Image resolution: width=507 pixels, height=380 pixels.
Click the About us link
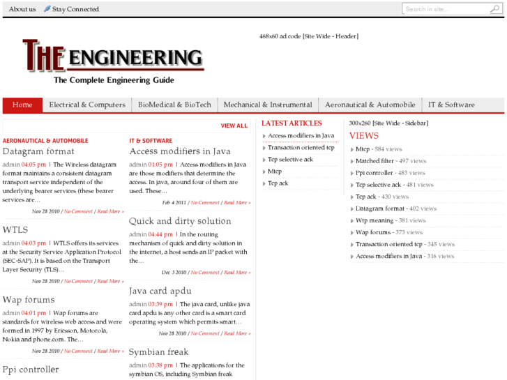tap(22, 9)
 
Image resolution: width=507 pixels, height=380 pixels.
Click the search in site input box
tap(445, 9)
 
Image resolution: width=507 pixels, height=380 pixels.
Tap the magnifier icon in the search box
tap(494, 9)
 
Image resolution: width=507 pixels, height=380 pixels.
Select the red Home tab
tap(22, 105)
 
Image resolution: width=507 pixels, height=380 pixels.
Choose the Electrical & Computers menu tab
tap(87, 105)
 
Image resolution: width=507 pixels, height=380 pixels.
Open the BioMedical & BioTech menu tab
tap(174, 105)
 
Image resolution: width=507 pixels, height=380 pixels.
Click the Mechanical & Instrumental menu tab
tap(268, 105)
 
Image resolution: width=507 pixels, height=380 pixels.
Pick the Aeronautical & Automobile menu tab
tap(370, 105)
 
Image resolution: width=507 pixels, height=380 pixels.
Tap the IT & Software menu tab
tap(451, 105)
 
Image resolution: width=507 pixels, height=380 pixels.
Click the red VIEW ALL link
tap(234, 126)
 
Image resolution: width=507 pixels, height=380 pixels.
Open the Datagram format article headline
tap(38, 151)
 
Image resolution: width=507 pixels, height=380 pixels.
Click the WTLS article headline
tap(15, 229)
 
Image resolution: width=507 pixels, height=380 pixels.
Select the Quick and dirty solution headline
tap(180, 221)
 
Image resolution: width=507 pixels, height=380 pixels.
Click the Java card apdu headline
tap(160, 291)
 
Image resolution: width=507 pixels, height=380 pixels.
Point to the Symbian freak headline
tap(158, 352)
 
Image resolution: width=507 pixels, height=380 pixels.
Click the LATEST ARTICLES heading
tap(292, 123)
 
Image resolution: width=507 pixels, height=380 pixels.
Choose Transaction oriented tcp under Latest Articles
tap(301, 148)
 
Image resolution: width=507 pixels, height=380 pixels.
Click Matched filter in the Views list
tap(374, 161)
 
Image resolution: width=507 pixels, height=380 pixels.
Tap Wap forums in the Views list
tap(373, 232)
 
